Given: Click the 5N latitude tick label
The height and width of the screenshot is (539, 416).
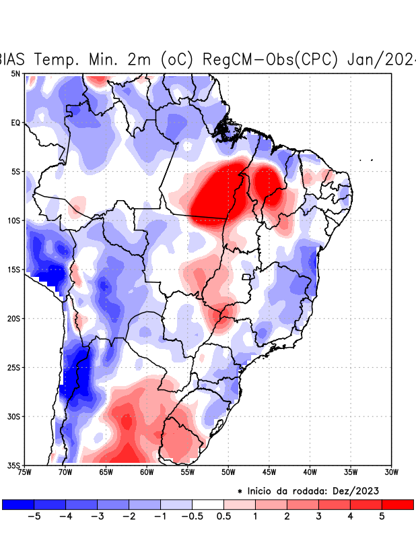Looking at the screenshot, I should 15,73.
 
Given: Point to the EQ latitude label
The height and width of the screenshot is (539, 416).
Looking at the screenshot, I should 15,123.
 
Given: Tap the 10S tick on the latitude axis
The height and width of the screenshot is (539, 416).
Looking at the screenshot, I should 14,221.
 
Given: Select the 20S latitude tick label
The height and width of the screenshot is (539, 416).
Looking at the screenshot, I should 14,319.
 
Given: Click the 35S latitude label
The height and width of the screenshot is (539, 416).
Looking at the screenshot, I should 14,466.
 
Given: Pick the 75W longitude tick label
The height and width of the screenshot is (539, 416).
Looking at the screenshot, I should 25,472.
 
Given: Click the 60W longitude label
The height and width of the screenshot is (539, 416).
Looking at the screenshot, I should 147,472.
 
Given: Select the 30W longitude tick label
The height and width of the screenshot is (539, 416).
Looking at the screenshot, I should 391,472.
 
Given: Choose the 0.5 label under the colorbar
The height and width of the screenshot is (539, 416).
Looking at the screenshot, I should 224,517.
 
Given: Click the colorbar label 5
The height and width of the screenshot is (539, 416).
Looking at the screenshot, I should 382,517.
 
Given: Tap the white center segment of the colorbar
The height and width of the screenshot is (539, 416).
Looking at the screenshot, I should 208,504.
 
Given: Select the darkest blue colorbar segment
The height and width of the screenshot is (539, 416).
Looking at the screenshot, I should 18,504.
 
